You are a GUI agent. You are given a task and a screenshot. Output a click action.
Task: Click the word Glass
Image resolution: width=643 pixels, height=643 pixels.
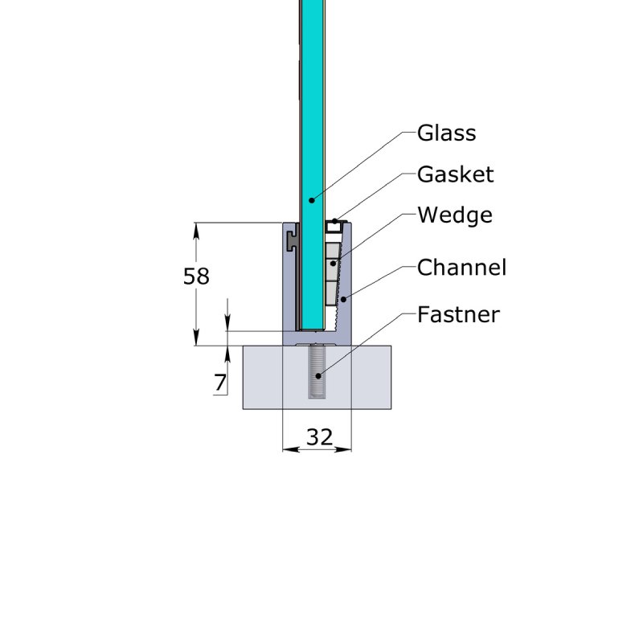[446, 133]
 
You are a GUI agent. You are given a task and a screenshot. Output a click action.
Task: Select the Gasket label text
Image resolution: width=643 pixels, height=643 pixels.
[455, 174]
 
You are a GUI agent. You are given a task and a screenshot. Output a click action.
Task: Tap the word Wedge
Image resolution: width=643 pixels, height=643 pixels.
[454, 215]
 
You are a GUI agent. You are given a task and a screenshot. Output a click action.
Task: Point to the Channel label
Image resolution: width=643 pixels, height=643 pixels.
[461, 268]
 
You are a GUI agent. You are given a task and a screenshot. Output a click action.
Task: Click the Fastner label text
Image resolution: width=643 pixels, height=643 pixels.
[458, 314]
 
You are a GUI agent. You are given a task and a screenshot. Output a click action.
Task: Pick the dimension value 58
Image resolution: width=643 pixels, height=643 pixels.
[196, 276]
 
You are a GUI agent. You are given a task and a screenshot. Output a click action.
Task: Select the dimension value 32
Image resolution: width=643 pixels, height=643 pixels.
[319, 437]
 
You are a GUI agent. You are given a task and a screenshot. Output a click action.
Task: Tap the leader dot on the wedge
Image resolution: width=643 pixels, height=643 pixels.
[332, 263]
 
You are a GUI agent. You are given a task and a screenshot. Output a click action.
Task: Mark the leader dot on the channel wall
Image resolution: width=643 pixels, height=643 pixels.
[343, 299]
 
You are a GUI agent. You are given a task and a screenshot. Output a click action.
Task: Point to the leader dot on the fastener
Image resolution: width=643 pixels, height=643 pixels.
[319, 375]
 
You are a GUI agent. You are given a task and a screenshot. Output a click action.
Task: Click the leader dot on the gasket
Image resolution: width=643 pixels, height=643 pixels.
[334, 221]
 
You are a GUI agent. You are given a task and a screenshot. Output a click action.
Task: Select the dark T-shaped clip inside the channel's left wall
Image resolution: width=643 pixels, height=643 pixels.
[291, 239]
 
